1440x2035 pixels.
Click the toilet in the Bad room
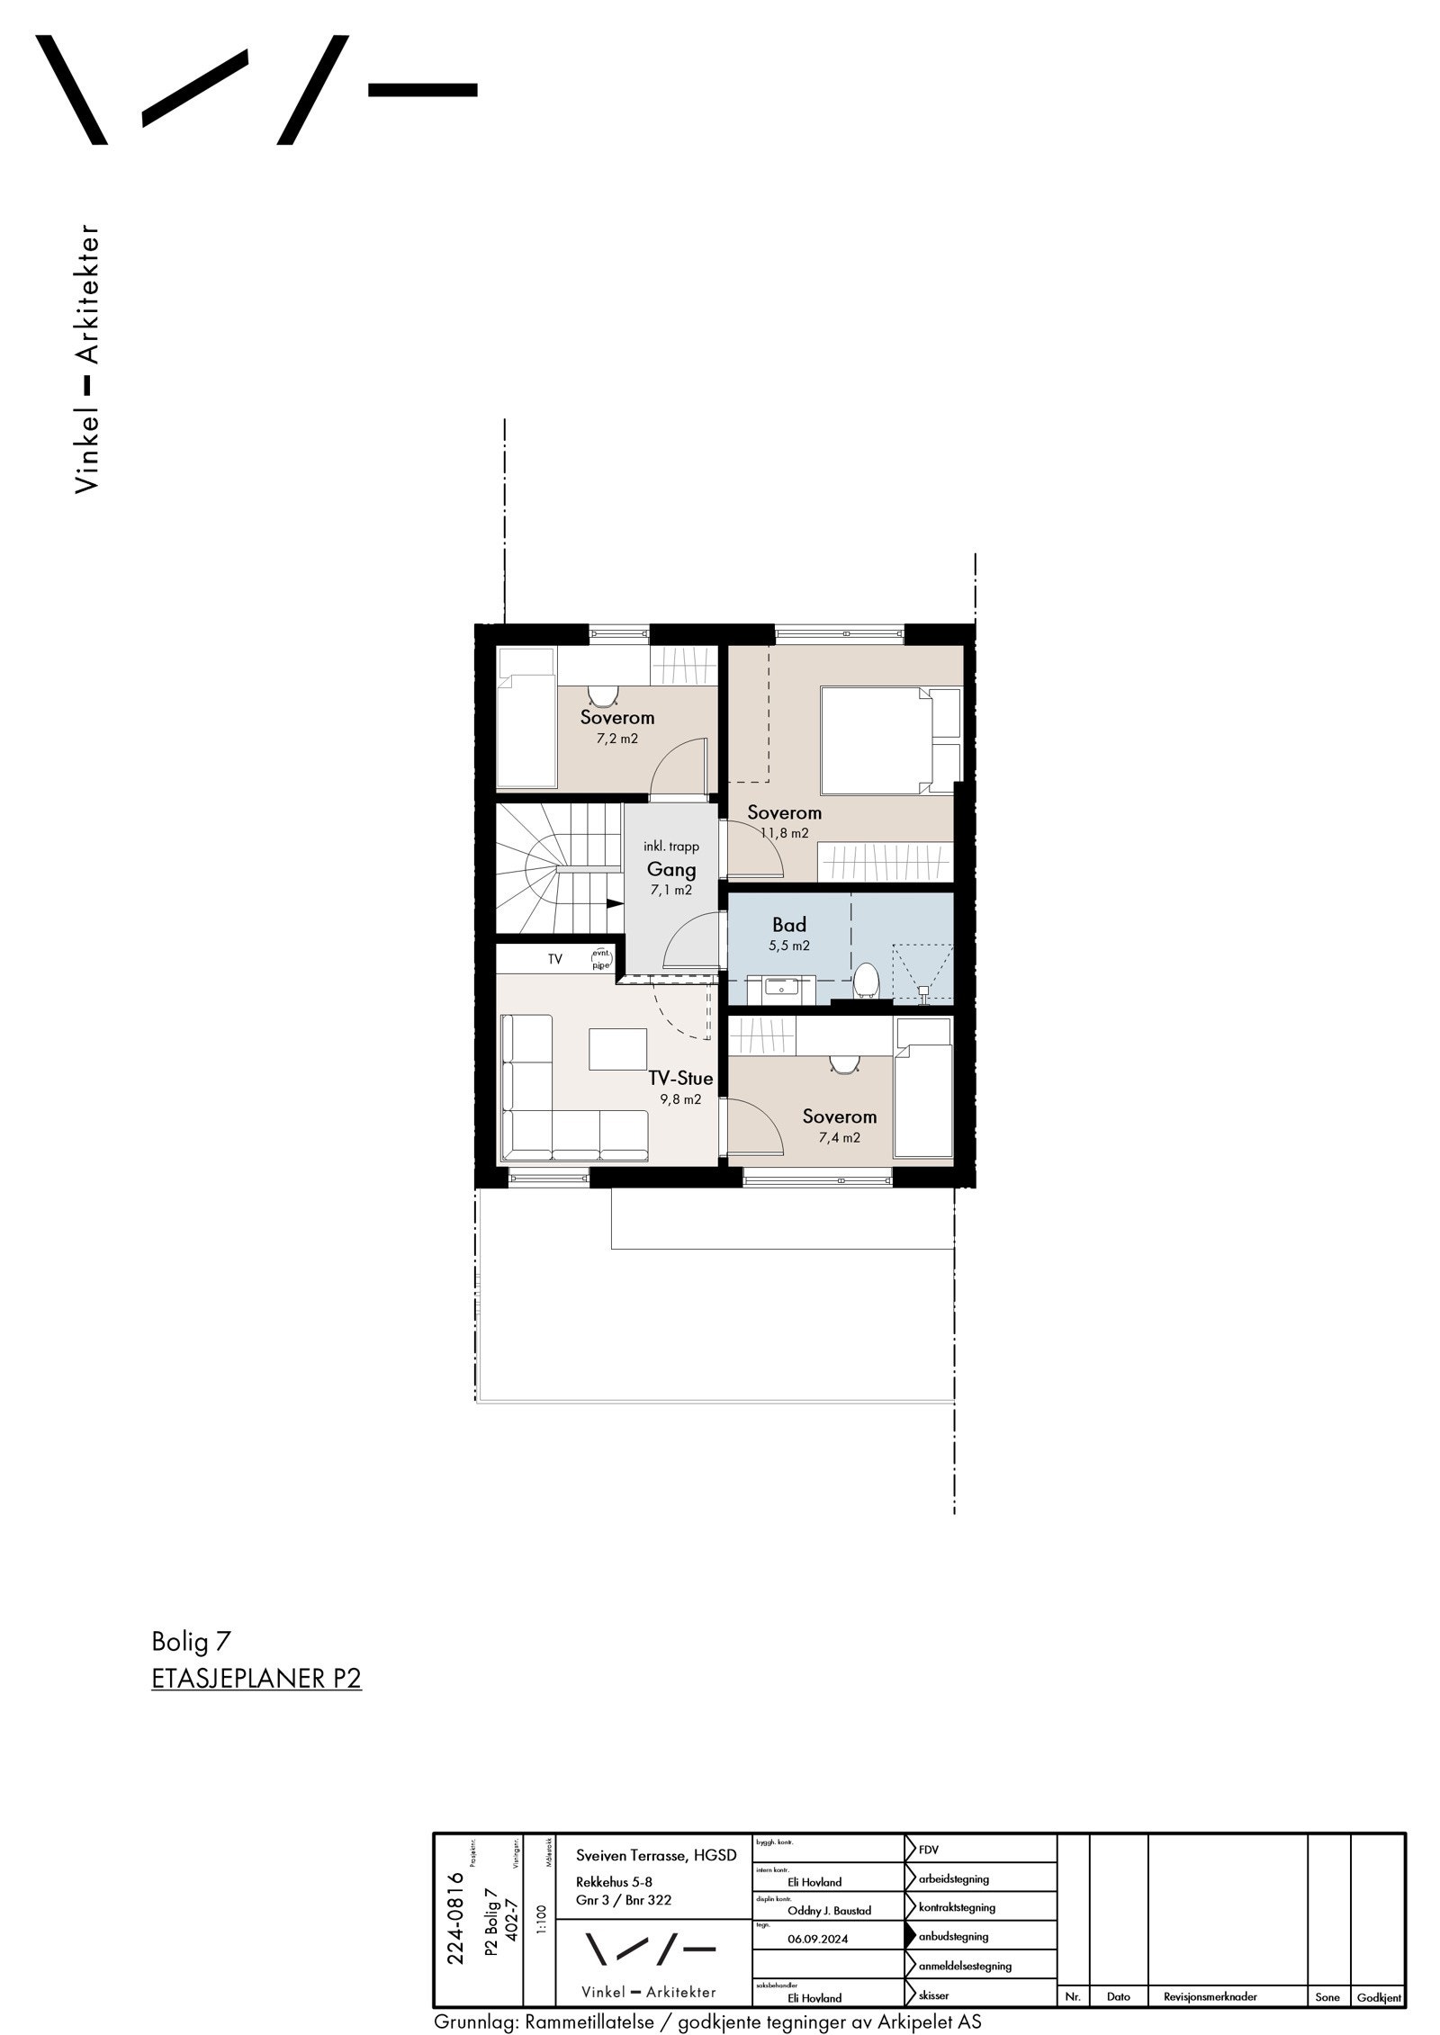pyautogui.click(x=866, y=981)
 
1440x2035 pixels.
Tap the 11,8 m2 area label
pyautogui.click(x=784, y=833)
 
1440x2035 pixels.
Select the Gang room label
pyautogui.click(x=671, y=869)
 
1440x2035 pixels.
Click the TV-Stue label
pyautogui.click(x=680, y=1078)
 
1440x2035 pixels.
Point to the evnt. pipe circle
pyautogui.click(x=601, y=959)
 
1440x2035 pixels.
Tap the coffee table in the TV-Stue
pyautogui.click(x=618, y=1049)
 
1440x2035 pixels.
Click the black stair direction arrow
pyautogui.click(x=615, y=904)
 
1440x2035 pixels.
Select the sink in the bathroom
pyautogui.click(x=780, y=988)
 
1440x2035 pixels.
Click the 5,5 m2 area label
pyautogui.click(x=788, y=946)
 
